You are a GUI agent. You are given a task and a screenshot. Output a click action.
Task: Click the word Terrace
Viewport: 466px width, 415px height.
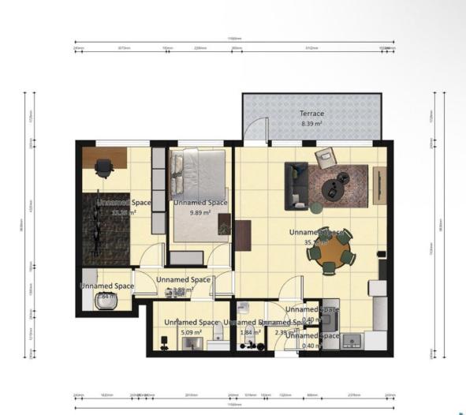point(311,114)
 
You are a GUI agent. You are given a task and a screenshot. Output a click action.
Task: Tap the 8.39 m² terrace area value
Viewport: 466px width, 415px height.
point(311,124)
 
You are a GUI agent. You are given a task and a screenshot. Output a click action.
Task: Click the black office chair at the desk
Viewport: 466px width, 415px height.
point(103,168)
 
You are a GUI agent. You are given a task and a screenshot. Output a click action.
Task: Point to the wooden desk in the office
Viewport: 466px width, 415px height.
point(104,155)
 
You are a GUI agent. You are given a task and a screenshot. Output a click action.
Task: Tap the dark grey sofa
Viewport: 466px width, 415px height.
point(296,185)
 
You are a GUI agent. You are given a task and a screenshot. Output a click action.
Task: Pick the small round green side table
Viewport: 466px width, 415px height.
point(316,208)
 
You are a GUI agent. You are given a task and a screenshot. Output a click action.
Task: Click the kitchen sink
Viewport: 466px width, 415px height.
point(351,340)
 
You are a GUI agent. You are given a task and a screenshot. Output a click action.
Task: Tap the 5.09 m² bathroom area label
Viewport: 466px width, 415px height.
point(190,333)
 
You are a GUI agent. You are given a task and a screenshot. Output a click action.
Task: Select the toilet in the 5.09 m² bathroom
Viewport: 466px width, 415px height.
point(163,342)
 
